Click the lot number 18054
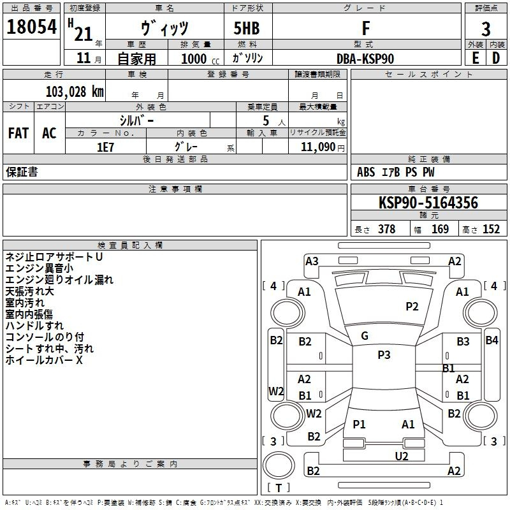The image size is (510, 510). (31, 28)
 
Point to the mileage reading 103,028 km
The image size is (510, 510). (75, 91)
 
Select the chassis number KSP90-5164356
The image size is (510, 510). (428, 203)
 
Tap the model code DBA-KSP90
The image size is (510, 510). (365, 58)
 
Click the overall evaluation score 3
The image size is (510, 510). (486, 29)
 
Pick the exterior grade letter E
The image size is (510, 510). (475, 58)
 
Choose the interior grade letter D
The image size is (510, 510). (496, 58)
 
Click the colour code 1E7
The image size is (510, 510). (105, 147)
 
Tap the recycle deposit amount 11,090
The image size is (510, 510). (317, 147)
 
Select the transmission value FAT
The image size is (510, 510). (18, 133)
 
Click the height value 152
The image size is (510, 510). (491, 229)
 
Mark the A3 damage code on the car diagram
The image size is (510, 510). (312, 261)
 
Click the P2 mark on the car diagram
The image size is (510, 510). (412, 307)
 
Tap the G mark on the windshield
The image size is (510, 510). (365, 336)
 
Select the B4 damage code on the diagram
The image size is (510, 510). (492, 340)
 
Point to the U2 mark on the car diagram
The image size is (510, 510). (402, 455)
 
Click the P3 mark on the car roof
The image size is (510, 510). (384, 355)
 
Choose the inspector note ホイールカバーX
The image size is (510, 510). (45, 360)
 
